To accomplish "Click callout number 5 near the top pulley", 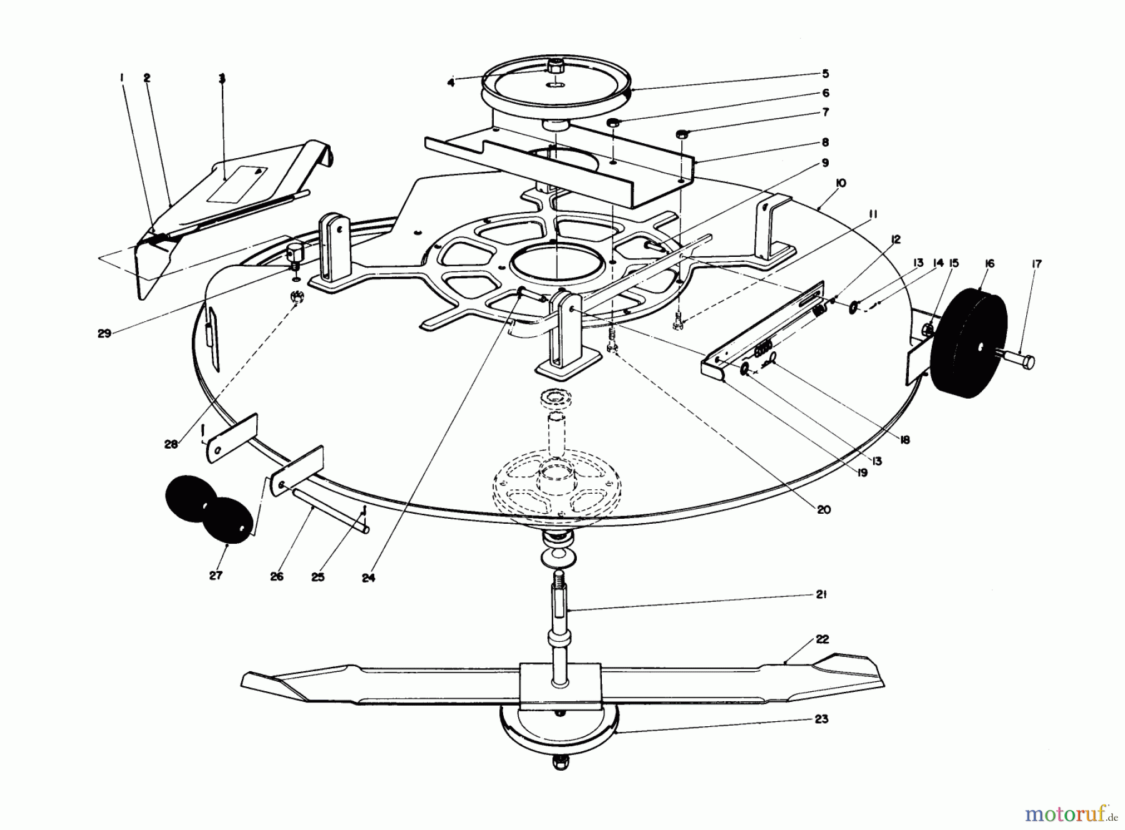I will [825, 74].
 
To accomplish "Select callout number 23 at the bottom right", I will [821, 719].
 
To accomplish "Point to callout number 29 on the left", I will [104, 333].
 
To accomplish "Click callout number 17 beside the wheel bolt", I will [1036, 264].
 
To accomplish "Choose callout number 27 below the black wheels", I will [216, 576].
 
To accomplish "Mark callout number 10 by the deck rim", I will [841, 183].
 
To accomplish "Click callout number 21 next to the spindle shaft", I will [821, 594].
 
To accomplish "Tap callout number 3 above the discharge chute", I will [222, 79].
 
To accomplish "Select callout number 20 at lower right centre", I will [824, 509].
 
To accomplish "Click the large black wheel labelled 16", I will [969, 341].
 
